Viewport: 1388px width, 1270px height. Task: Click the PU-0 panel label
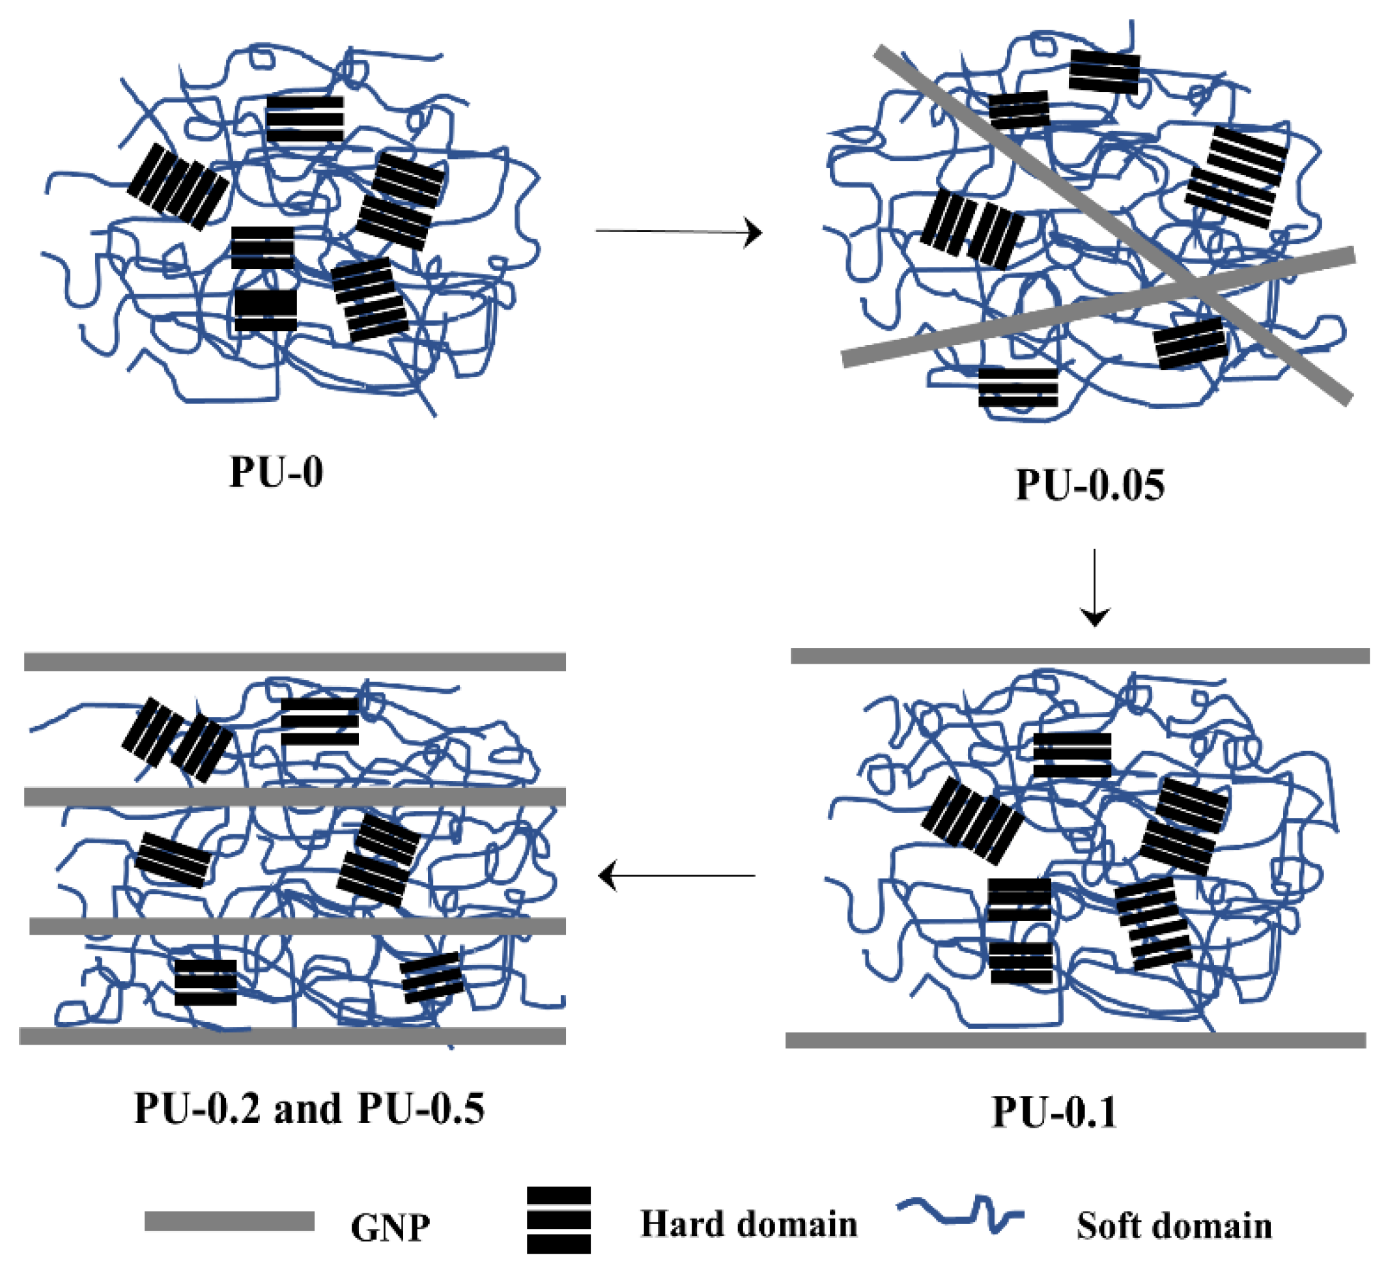[276, 472]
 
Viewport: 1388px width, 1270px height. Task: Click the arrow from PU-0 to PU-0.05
[678, 232]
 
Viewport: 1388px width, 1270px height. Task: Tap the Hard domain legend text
[749, 1224]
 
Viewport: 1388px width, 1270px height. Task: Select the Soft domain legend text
[1174, 1226]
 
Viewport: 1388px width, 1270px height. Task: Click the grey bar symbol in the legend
[229, 1221]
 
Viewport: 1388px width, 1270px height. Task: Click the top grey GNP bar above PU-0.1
[1079, 655]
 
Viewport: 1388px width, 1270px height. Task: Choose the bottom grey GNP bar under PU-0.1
[1075, 1039]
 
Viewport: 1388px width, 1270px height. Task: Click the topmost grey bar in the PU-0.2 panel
[294, 662]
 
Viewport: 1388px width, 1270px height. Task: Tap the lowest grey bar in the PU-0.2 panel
[292, 1036]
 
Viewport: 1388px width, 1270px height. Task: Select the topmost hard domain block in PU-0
[304, 119]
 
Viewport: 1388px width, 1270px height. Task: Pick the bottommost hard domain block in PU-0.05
[1017, 388]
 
